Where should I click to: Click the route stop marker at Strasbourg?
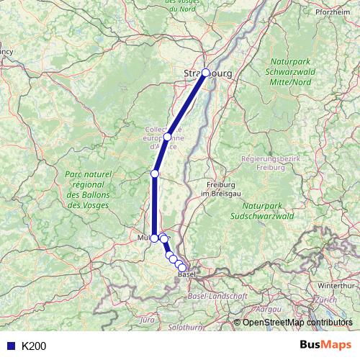(206, 73)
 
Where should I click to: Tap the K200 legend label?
(34, 346)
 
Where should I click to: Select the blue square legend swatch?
(11, 346)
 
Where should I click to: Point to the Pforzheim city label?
(333, 13)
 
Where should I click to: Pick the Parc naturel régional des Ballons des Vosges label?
(89, 190)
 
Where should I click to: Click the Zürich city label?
(325, 299)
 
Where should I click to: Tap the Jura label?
(148, 318)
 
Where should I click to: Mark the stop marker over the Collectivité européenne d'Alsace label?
(167, 137)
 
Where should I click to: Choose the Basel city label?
(186, 274)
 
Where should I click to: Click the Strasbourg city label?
(206, 73)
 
